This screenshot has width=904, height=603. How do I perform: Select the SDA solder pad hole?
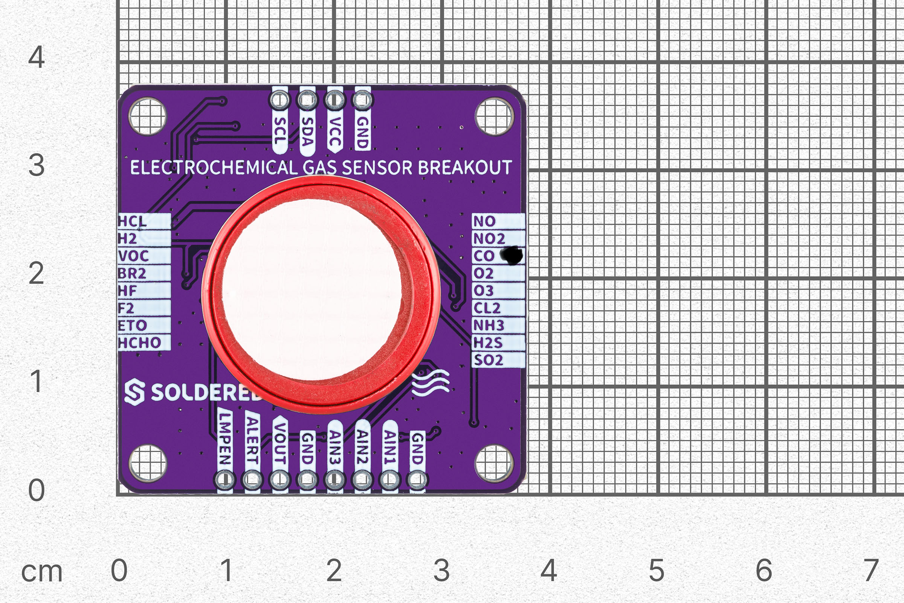[x=307, y=100]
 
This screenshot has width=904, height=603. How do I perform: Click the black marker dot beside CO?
[x=512, y=256]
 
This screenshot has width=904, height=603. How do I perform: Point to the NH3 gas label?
[x=488, y=325]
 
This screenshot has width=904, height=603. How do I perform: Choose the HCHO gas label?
[x=139, y=343]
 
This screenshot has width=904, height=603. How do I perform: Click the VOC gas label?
[x=133, y=256]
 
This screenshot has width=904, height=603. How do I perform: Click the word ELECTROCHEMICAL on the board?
[x=214, y=168]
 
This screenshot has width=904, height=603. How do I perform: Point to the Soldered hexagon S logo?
[x=134, y=392]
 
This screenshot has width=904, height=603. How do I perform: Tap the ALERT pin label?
[x=252, y=440]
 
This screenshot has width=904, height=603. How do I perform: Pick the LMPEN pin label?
[x=225, y=438]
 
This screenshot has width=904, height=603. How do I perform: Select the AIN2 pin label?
[x=362, y=446]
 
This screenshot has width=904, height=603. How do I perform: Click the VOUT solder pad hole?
[x=279, y=479]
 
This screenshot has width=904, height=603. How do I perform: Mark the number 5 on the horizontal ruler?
[x=657, y=570]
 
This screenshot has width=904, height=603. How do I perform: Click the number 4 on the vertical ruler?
[x=37, y=57]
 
